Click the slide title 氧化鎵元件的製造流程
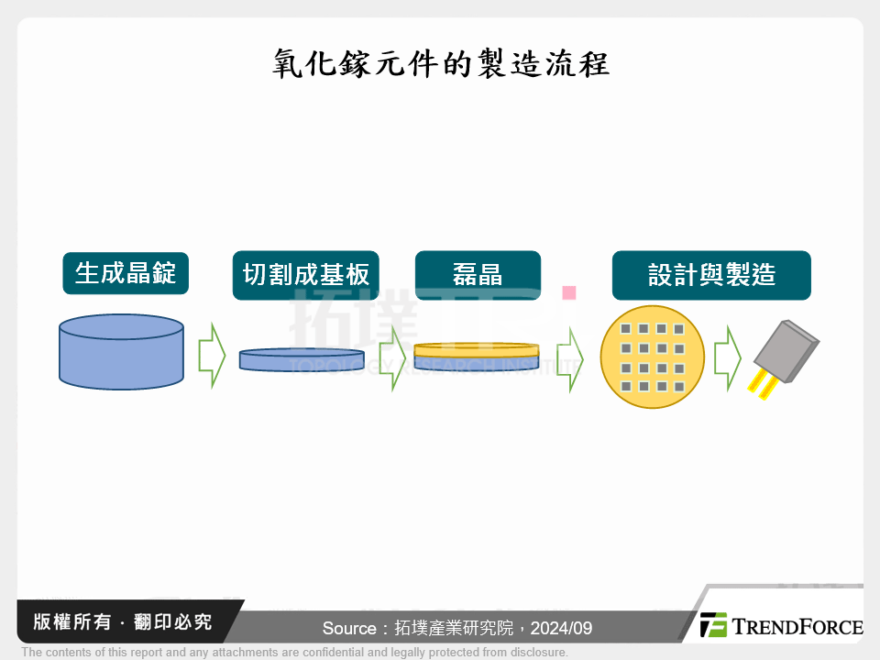pyautogui.click(x=440, y=65)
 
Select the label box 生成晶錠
pyautogui.click(x=126, y=273)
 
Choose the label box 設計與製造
pyautogui.click(x=711, y=275)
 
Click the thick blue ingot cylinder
pyautogui.click(x=121, y=353)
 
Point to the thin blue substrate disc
pyautogui.click(x=302, y=359)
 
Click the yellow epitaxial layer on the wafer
pyautogui.click(x=476, y=349)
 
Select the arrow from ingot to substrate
pyautogui.click(x=212, y=355)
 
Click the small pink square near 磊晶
pyautogui.click(x=568, y=293)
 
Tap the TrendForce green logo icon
pyautogui.click(x=713, y=625)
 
